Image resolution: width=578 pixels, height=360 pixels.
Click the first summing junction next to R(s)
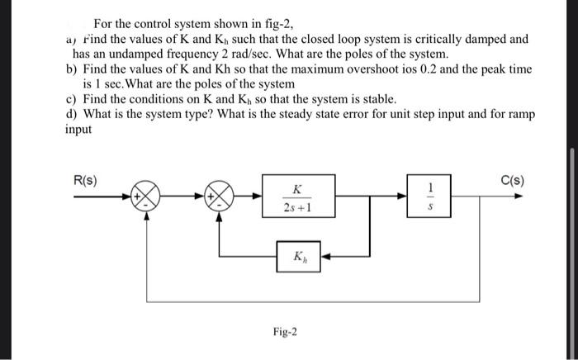pos(147,198)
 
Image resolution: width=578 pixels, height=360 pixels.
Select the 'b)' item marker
pos(72,69)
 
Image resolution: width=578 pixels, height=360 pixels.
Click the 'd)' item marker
pos(72,113)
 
